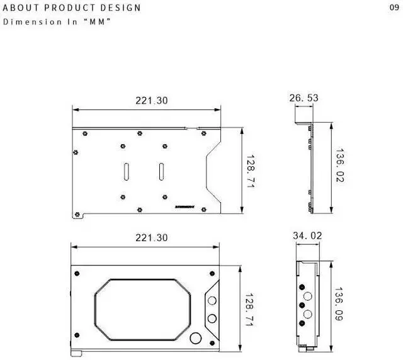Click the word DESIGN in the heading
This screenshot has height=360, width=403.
(x=120, y=8)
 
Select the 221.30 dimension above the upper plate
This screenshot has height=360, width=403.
(x=152, y=100)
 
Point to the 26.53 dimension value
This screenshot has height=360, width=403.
(x=304, y=98)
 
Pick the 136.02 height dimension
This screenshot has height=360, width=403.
(x=340, y=166)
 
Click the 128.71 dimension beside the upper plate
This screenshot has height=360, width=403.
(x=250, y=171)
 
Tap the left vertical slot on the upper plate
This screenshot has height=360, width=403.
(x=126, y=171)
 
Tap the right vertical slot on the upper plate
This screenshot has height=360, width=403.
(x=162, y=171)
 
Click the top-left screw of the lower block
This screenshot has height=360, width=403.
(x=77, y=273)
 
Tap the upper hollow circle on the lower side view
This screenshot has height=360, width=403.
(x=308, y=296)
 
